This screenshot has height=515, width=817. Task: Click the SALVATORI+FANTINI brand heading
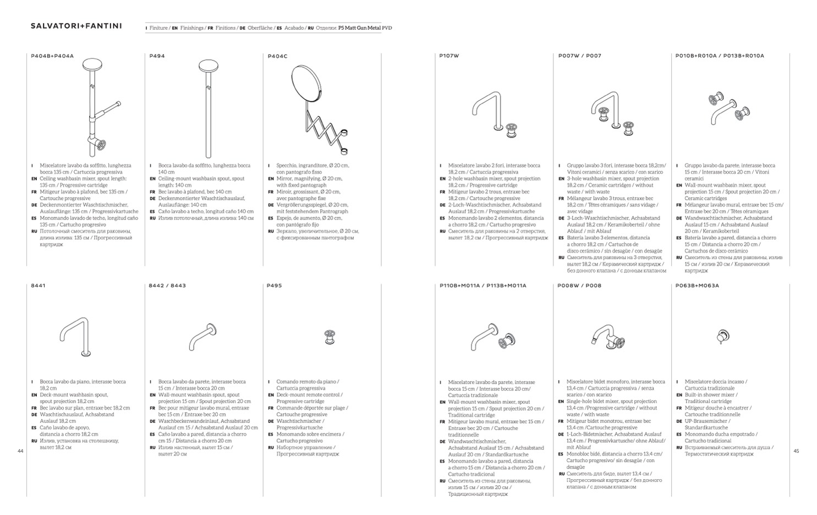(76, 26)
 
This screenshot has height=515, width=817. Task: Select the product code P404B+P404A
(52, 56)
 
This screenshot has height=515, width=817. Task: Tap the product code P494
(157, 56)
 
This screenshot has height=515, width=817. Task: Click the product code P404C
(277, 56)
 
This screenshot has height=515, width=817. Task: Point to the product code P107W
(449, 56)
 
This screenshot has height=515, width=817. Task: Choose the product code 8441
(38, 286)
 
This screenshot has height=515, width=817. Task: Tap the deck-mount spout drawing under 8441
(74, 336)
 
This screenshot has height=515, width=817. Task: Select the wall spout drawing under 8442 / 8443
(203, 337)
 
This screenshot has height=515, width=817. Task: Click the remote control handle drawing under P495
(330, 337)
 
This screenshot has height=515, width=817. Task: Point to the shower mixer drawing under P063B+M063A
(722, 336)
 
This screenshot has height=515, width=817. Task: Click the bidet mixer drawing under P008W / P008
(607, 337)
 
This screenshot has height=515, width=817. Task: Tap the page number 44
(20, 451)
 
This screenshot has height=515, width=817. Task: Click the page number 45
(796, 451)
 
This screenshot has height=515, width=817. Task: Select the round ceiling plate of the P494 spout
(209, 67)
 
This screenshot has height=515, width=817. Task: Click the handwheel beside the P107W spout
(512, 130)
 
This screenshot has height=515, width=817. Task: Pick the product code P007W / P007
(579, 56)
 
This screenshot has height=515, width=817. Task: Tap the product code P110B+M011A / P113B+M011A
(482, 286)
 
